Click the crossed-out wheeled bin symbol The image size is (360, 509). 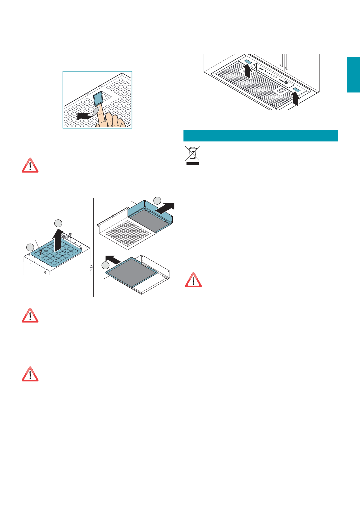[x=192, y=153]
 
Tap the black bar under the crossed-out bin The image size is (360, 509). [x=192, y=164]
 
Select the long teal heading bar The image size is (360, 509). [x=261, y=136]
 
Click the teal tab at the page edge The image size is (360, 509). [x=353, y=74]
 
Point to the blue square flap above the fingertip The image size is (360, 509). [x=99, y=99]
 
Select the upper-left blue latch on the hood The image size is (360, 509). [x=248, y=62]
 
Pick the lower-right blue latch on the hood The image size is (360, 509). [x=296, y=90]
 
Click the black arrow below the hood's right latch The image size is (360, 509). [x=296, y=99]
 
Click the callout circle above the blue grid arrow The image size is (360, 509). [x=58, y=223]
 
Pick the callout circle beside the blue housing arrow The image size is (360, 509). [x=157, y=200]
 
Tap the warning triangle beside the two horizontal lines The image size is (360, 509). [x=30, y=165]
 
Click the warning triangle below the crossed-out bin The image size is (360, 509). [x=193, y=280]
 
